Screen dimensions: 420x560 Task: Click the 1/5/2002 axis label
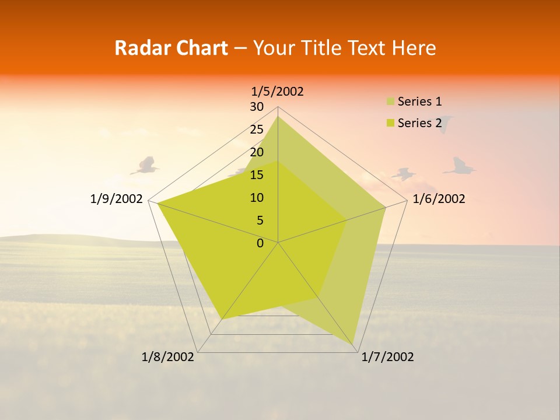click(x=278, y=92)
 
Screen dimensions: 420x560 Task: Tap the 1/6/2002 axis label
click(x=439, y=199)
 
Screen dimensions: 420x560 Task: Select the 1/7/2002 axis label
click(x=387, y=357)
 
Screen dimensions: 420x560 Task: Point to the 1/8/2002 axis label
click(x=168, y=357)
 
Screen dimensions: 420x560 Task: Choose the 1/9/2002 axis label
click(x=116, y=199)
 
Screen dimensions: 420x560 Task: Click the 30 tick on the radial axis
click(x=257, y=107)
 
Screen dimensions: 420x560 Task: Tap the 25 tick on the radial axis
click(x=257, y=129)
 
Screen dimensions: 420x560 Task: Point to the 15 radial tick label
click(x=257, y=175)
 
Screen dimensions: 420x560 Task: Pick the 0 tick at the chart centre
click(x=260, y=243)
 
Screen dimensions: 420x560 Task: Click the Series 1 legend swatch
click(x=390, y=102)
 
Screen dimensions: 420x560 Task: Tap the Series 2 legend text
click(x=419, y=123)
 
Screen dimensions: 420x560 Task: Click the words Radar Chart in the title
click(x=170, y=48)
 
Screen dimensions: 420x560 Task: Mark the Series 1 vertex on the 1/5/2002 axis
click(x=278, y=116)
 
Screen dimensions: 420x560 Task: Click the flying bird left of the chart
click(x=145, y=166)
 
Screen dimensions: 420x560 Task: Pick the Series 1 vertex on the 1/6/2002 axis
click(x=386, y=207)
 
